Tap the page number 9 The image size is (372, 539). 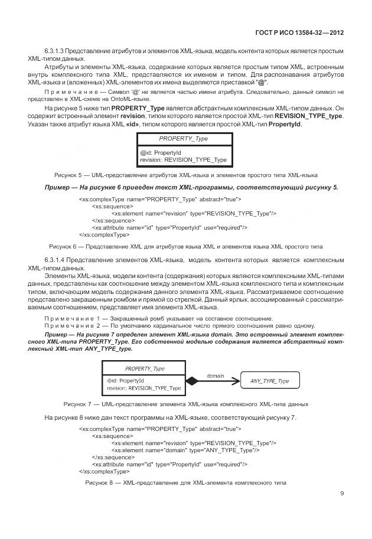342,494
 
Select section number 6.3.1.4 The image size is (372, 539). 54,260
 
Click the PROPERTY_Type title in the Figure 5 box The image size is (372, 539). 183,139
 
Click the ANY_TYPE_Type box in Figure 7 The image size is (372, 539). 269,381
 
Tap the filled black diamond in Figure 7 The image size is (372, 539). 192,381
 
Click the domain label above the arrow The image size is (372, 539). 216,375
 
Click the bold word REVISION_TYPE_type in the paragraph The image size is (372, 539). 311,116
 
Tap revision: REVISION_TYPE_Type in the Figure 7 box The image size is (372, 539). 144,388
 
